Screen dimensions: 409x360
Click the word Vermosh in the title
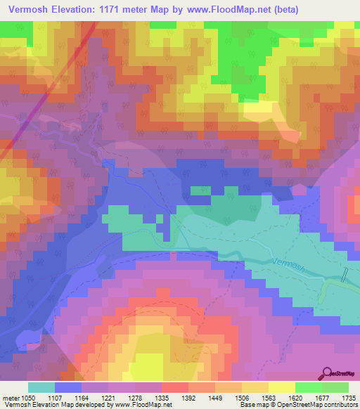click(32, 10)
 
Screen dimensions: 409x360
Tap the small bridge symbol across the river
click(345, 275)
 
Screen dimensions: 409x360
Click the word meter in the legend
click(11, 397)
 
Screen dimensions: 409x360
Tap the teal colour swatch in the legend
click(41, 387)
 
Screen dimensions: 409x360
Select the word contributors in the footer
click(341, 405)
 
